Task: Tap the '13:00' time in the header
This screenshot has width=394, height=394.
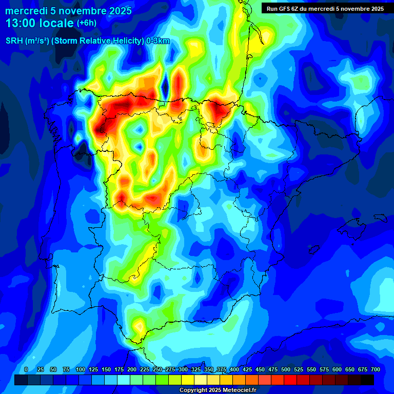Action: coord(20,23)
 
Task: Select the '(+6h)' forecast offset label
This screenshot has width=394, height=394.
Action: coord(86,23)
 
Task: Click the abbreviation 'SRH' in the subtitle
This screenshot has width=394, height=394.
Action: coord(15,41)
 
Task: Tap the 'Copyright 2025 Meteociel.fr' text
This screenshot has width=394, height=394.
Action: coord(218,390)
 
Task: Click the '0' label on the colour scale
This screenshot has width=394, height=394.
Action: coord(26,369)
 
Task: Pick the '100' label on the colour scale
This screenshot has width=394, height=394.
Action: coord(81,369)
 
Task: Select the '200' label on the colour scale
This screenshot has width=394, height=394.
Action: coord(132,369)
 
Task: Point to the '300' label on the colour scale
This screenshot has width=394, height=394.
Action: coord(183,369)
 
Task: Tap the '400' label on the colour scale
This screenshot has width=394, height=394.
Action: coord(234,369)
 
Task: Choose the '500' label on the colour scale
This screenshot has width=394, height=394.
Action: coord(286,369)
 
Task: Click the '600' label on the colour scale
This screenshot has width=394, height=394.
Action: coord(337,369)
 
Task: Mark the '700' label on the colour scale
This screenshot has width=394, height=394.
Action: coord(376,369)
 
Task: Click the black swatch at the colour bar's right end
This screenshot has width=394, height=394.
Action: coord(367,380)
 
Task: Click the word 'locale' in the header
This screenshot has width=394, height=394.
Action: coord(54,23)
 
